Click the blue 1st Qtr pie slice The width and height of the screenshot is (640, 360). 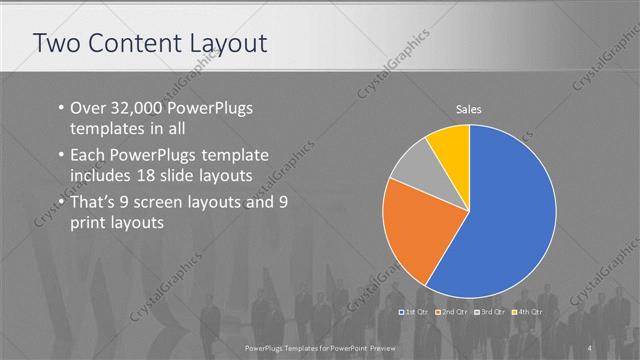510,210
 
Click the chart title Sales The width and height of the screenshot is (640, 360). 470,108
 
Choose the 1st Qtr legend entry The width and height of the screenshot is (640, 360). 415,312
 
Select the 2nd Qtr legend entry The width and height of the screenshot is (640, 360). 452,312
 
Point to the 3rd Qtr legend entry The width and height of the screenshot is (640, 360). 490,312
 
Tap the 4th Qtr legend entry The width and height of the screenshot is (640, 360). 527,312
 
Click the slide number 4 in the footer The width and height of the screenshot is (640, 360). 590,345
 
